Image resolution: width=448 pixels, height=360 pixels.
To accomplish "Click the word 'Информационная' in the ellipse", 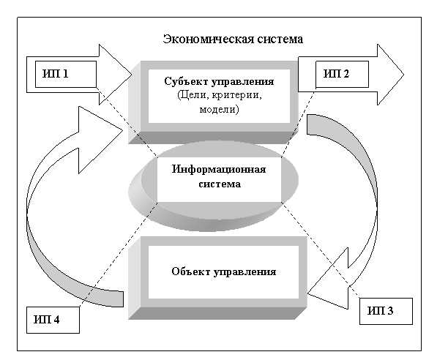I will coord(219,170).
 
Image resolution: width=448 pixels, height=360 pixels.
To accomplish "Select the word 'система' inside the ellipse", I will coord(219,184).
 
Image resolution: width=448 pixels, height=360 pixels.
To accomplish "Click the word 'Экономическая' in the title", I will coord(193,39).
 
